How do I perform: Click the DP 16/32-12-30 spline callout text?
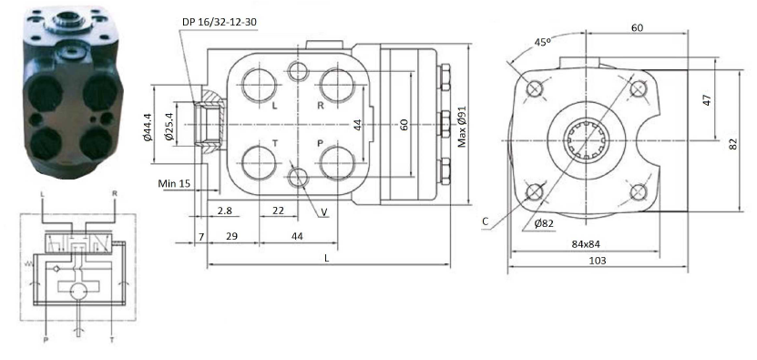[x=220, y=22]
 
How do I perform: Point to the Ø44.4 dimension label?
[x=148, y=127]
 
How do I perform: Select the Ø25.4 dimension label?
[x=169, y=127]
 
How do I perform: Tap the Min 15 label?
[x=174, y=183]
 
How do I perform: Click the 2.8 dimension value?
[x=224, y=211]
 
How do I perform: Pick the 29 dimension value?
[x=231, y=236]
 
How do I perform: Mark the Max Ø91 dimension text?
[x=462, y=127]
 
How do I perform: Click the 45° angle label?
[x=543, y=42]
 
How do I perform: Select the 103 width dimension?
[x=598, y=261]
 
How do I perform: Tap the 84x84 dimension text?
[x=586, y=244]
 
